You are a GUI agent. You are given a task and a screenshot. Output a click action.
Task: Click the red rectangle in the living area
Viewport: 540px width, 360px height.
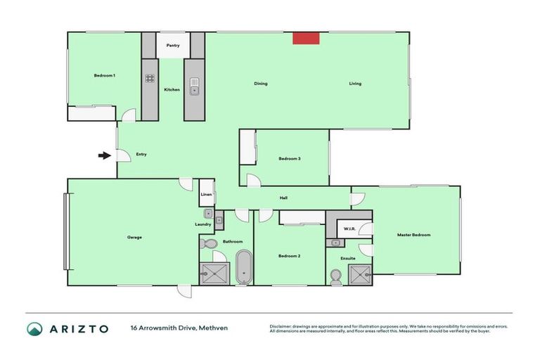305,38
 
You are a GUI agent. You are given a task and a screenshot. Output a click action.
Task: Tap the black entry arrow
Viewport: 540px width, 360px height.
104,155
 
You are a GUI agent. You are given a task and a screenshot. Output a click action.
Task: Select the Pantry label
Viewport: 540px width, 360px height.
173,46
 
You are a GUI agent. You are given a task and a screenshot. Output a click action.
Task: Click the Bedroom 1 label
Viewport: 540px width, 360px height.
105,75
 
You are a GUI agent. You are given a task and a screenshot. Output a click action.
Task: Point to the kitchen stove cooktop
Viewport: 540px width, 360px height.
150,79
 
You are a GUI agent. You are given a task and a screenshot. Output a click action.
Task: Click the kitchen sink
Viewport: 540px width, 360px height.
194,90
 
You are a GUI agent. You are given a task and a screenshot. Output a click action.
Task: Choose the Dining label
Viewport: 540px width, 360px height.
261,84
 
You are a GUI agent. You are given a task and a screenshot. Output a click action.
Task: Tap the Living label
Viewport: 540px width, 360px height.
355,84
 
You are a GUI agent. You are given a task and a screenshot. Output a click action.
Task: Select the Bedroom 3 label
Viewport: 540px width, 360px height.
290,158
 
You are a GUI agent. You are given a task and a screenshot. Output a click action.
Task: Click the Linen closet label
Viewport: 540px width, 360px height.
206,194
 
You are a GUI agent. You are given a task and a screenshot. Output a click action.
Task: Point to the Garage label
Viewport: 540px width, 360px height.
134,237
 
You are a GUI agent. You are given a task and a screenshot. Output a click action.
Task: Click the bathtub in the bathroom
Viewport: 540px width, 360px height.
243,266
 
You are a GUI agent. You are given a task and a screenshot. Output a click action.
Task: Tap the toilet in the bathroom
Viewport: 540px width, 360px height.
209,244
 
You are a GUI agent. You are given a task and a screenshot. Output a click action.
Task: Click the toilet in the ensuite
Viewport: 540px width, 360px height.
335,279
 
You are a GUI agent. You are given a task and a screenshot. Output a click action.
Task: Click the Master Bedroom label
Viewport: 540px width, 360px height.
413,235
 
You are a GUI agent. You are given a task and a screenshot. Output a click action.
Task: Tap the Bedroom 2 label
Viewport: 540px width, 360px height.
290,255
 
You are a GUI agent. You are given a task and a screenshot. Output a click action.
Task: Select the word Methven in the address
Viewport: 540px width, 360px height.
214,328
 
